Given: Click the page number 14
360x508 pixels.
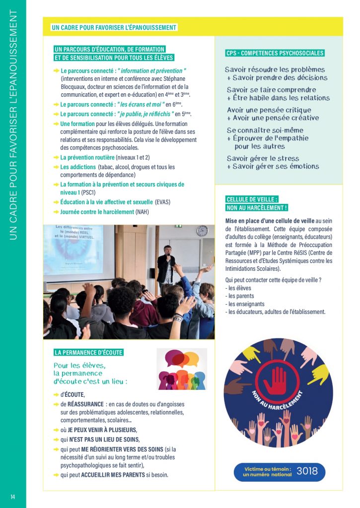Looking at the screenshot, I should pos(13,497).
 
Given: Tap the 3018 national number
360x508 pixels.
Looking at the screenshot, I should pos(307,471).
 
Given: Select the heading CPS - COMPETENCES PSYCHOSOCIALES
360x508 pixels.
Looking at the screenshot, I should pos(275,53).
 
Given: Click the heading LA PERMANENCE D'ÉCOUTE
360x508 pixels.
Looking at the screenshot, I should pos(88,353).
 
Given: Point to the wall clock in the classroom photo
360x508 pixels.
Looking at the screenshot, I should pos(202,231).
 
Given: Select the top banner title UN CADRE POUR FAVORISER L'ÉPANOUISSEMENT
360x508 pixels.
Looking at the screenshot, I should pos(114,27).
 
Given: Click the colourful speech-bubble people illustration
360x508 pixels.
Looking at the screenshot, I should pos(182,369).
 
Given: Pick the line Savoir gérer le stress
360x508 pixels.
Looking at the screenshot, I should pos(262,158).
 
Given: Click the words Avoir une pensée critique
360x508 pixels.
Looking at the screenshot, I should pos(269,110).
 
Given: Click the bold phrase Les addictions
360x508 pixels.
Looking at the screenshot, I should pos(78,167).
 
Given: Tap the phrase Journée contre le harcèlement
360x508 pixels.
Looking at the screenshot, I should pos(97,212).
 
